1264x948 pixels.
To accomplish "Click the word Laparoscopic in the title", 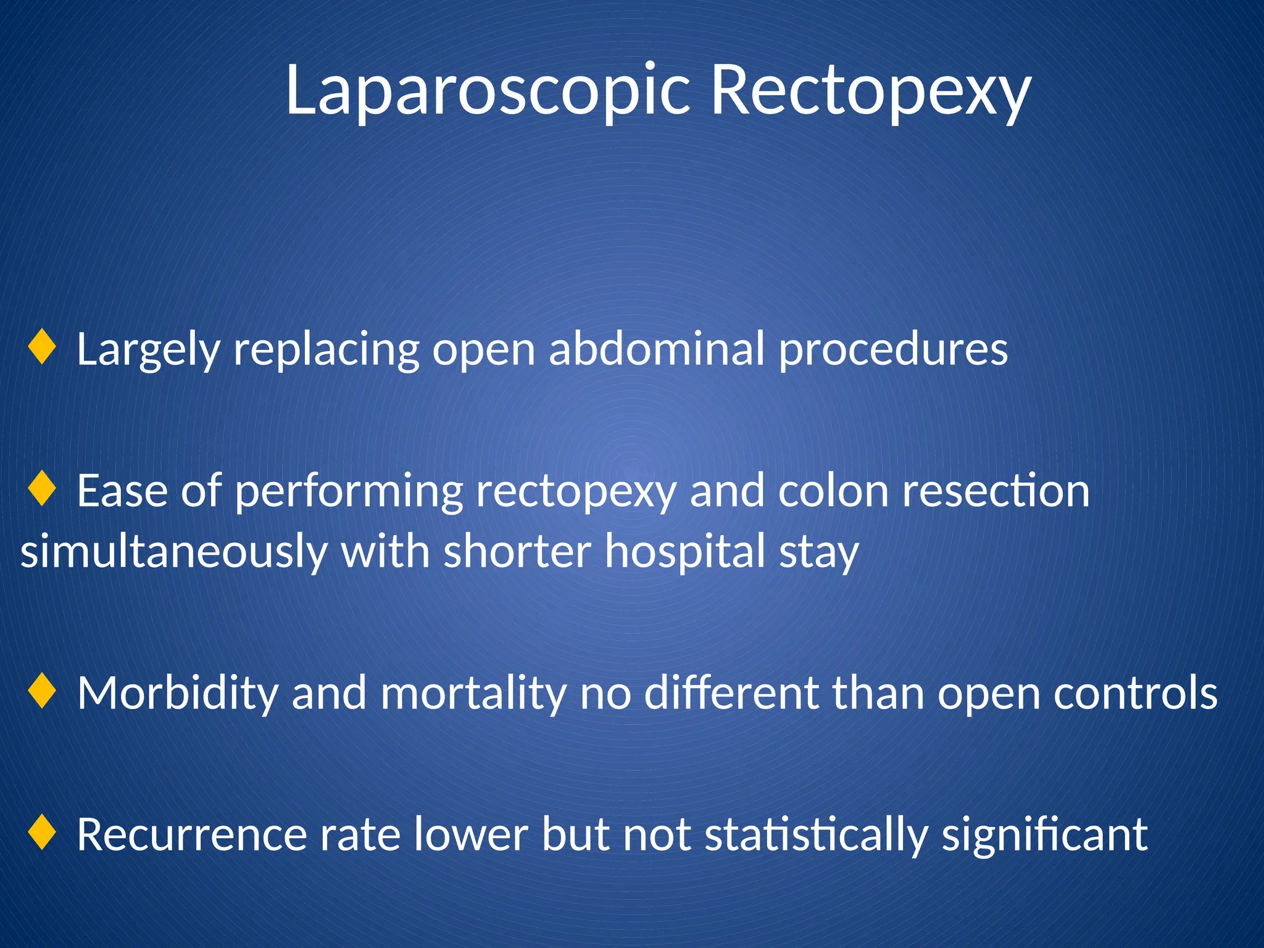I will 487,91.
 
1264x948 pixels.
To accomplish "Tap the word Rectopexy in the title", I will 871,91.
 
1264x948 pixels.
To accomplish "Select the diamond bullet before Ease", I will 42,489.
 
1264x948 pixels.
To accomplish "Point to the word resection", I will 996,491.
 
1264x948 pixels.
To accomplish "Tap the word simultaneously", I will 173,552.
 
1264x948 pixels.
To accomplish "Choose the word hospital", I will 684,552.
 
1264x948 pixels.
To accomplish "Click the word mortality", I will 473,694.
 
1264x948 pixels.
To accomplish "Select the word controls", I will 1135,693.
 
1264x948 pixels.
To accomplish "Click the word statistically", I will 816,835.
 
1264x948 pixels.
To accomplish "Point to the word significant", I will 1044,835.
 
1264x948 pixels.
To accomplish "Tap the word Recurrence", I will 192,834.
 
